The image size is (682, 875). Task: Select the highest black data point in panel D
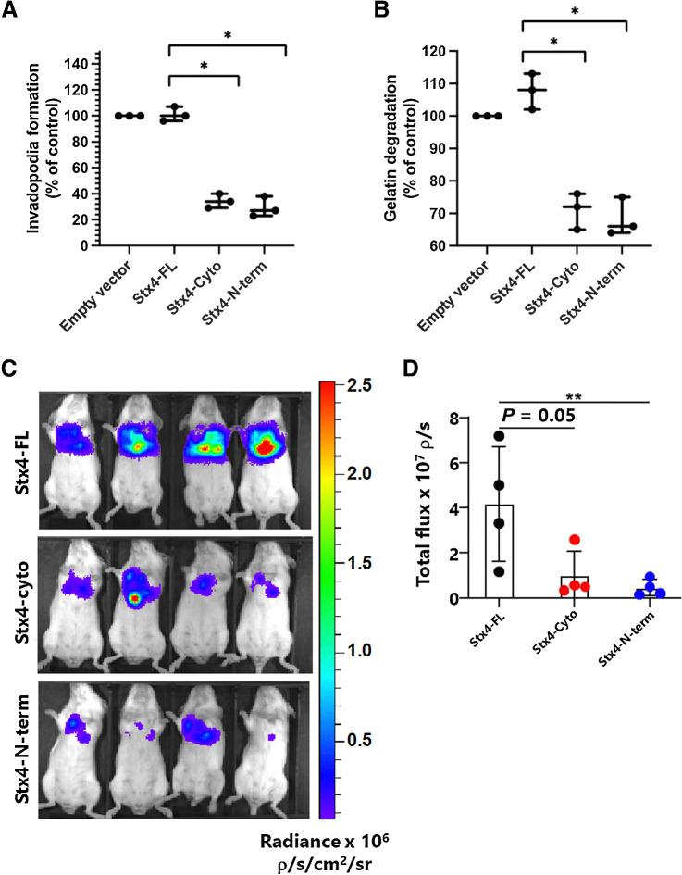click(499, 436)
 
